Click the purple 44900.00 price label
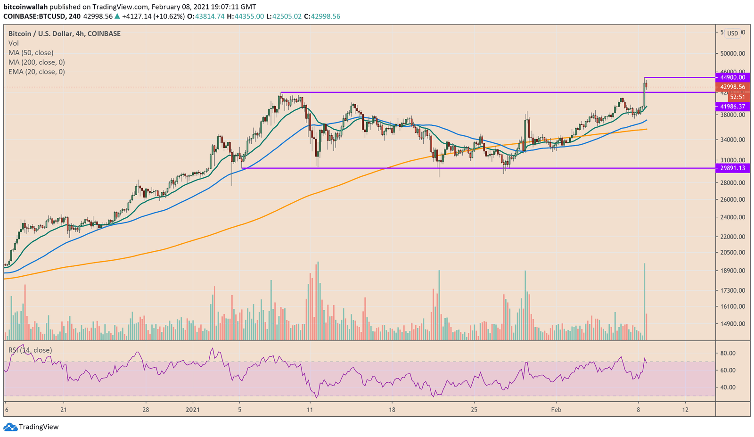[732, 77]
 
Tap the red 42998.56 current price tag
[732, 87]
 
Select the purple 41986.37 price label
[732, 107]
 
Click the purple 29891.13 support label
[732, 168]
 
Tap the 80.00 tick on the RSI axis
[728, 353]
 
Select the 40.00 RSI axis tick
[728, 388]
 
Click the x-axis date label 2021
[192, 410]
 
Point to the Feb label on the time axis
[557, 410]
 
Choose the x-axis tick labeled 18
[391, 410]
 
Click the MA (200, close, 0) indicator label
[37, 62]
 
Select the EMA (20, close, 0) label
[37, 72]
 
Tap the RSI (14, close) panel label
[30, 350]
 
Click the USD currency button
[732, 33]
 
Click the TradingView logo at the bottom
[32, 427]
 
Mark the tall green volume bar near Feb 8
[644, 302]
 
